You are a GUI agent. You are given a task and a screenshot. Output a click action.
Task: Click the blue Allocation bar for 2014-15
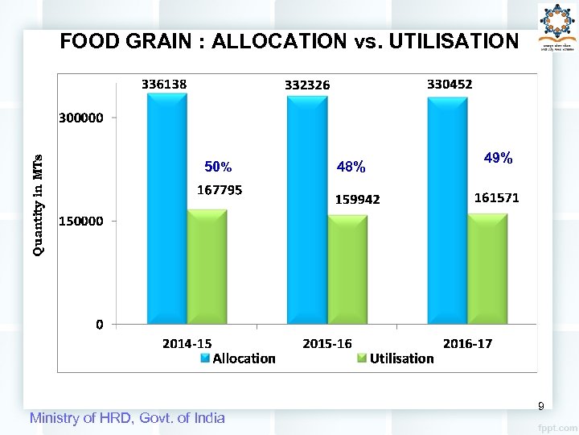pyautogui.click(x=166, y=209)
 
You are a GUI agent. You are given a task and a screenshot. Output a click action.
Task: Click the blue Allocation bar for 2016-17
pyautogui.click(x=447, y=211)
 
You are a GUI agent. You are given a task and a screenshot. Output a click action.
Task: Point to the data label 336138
pyautogui.click(x=164, y=83)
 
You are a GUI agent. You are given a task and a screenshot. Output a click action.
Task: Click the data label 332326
pyautogui.click(x=307, y=85)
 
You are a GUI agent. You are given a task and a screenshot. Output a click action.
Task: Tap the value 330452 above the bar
pyautogui.click(x=450, y=83)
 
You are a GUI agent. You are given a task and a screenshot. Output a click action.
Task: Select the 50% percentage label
pyautogui.click(x=218, y=168)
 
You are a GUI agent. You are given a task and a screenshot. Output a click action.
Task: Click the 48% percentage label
pyautogui.click(x=351, y=168)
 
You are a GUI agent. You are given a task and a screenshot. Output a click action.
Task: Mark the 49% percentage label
pyautogui.click(x=499, y=159)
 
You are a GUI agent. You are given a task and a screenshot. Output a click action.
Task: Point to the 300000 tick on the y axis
pyautogui.click(x=80, y=118)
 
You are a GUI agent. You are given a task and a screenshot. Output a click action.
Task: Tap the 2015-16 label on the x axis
pyautogui.click(x=326, y=343)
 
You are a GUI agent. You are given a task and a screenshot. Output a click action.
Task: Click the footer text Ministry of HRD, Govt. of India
pyautogui.click(x=127, y=417)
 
